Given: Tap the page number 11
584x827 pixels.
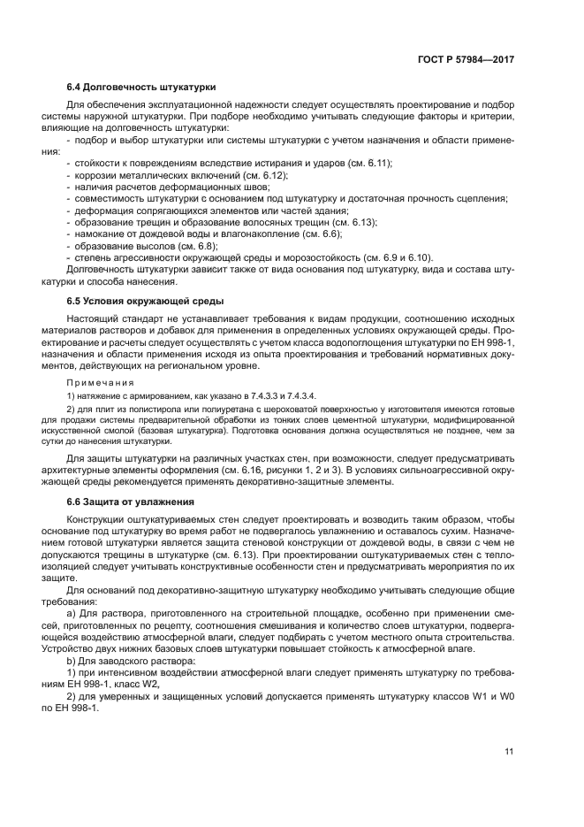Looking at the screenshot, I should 509,752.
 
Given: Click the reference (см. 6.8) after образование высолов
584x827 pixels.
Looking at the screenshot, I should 197,245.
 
